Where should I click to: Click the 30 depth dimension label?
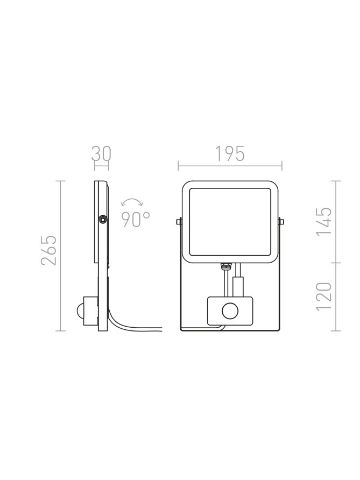(x=101, y=154)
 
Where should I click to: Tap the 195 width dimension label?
(x=230, y=154)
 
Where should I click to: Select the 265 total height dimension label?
(x=49, y=250)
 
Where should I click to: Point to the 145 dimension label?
(x=324, y=221)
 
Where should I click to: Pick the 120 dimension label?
(x=324, y=297)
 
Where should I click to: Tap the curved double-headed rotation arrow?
(x=132, y=201)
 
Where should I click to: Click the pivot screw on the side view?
(x=102, y=220)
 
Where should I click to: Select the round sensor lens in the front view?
(x=230, y=312)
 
